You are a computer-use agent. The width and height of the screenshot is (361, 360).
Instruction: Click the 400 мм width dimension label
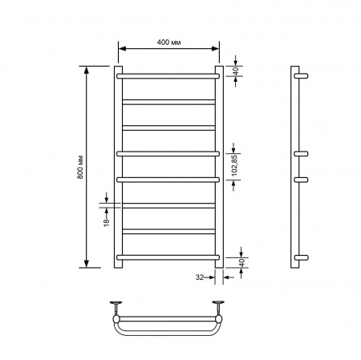pyautogui.click(x=168, y=42)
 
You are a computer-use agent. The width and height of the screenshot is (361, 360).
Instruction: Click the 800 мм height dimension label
pyautogui.click(x=80, y=167)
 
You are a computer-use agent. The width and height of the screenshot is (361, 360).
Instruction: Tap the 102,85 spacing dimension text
pyautogui.click(x=234, y=166)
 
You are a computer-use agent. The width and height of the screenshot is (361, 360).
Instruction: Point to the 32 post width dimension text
pyautogui.click(x=200, y=277)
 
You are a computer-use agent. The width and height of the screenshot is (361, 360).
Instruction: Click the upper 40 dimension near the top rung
pyautogui.click(x=236, y=71)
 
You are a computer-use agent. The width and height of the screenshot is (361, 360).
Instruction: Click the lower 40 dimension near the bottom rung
pyautogui.click(x=241, y=262)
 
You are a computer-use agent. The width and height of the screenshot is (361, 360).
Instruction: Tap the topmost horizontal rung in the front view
pyautogui.click(x=168, y=76)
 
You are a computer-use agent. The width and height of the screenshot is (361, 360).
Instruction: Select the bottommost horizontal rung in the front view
pyautogui.click(x=168, y=257)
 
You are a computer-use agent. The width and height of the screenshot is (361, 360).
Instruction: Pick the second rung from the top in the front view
pyautogui.click(x=168, y=102)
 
